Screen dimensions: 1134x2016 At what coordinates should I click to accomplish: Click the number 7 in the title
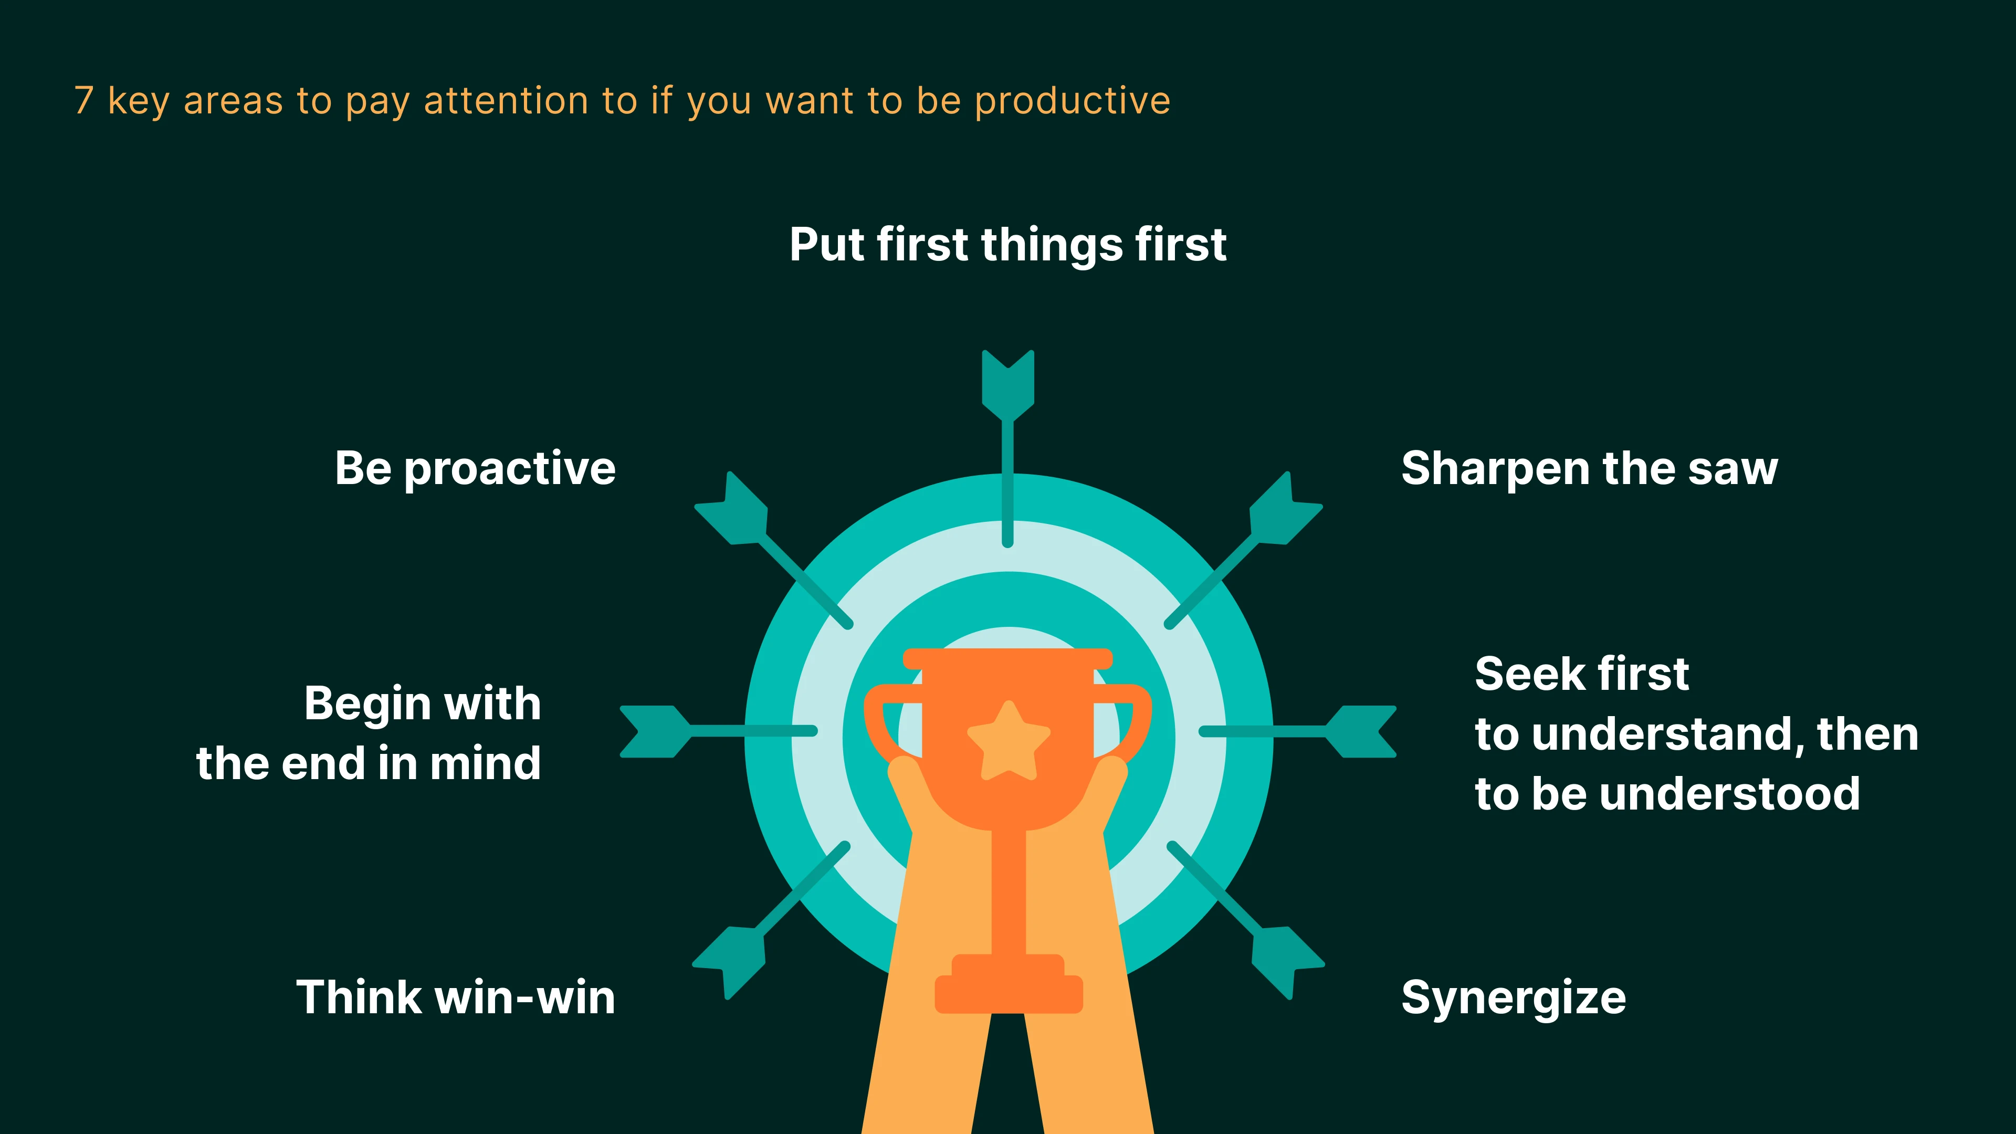84,101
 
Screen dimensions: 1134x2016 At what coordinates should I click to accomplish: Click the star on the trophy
1009,740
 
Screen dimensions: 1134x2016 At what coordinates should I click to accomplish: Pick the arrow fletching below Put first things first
1008,383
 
